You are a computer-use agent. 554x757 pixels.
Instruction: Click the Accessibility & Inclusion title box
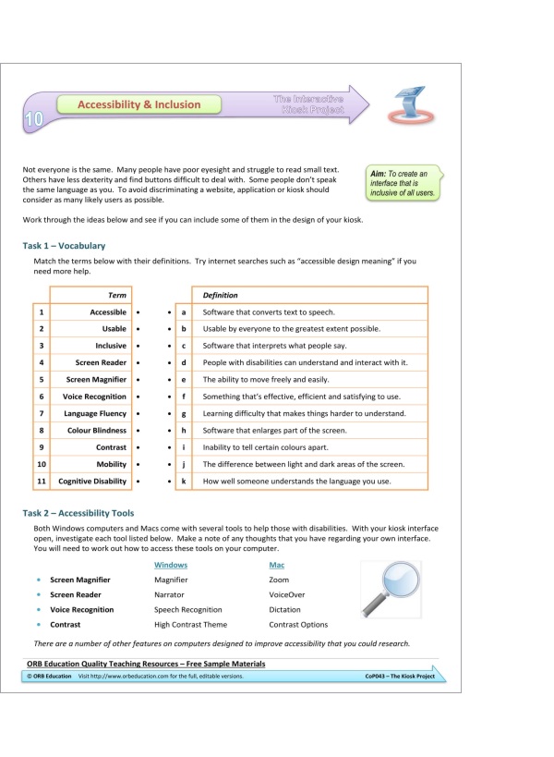[138, 104]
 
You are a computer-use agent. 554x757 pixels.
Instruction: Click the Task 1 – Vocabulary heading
[64, 246]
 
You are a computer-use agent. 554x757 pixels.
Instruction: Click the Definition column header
[221, 294]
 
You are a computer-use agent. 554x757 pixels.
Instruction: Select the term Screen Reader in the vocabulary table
[101, 362]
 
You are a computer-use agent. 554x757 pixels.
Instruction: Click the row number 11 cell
[41, 482]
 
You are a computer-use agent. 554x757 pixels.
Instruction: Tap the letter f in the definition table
[185, 397]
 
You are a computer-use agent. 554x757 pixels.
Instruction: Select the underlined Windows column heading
[171, 564]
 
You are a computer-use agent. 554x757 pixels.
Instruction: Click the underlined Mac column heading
[277, 564]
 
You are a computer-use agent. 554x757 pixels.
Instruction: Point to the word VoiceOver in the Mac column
[286, 594]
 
